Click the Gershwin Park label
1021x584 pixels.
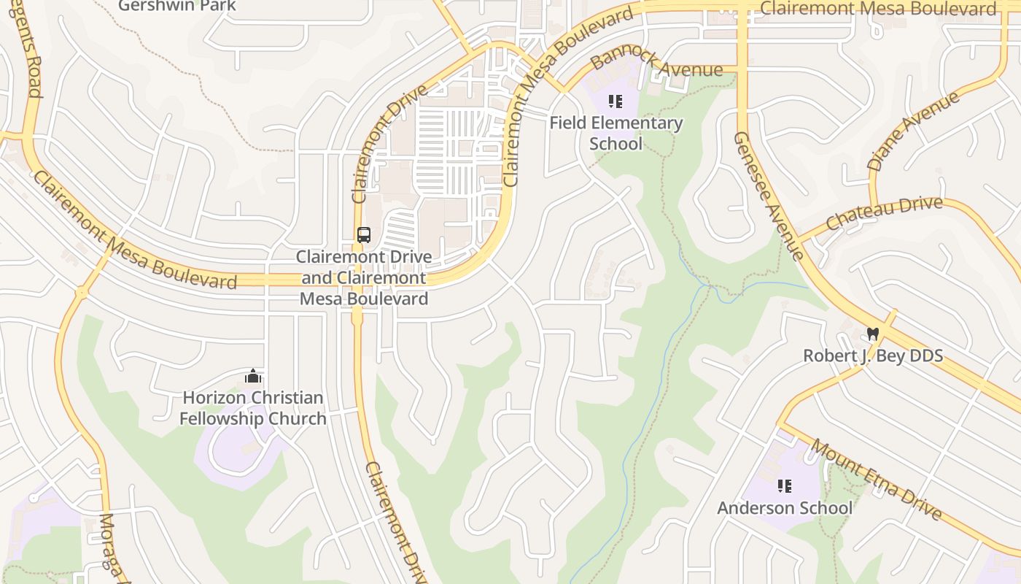[177, 6]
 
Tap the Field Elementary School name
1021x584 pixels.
[616, 133]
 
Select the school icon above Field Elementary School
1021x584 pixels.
[616, 101]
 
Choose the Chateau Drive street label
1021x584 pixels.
[883, 212]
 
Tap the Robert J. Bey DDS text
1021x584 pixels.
[872, 356]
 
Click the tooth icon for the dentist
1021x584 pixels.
[872, 334]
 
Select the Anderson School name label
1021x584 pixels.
[785, 508]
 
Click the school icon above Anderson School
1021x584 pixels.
[785, 486]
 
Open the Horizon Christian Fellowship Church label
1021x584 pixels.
[253, 408]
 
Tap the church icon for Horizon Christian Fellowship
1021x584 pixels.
[253, 376]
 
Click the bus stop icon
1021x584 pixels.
[363, 235]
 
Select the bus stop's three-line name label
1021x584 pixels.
[364, 278]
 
